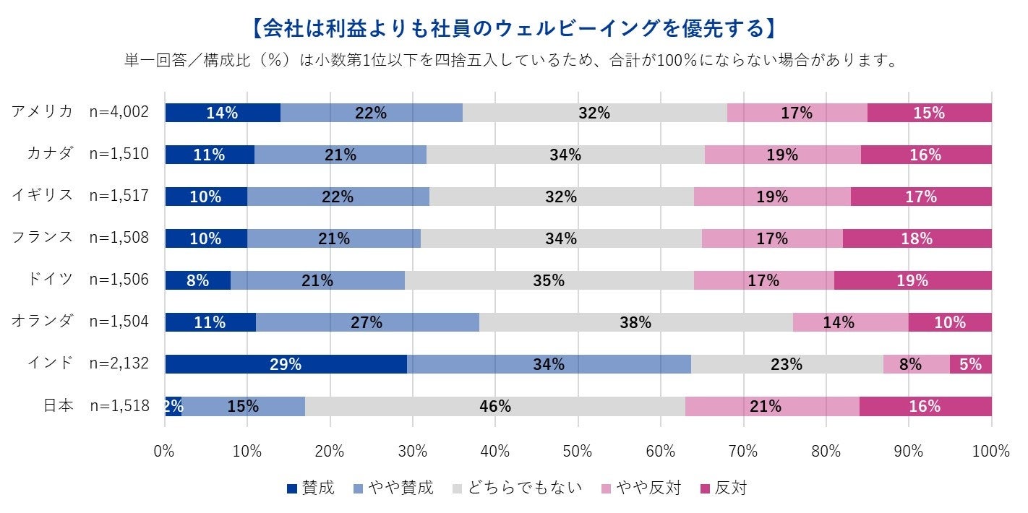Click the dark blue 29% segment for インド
tap(286, 364)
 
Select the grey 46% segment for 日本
tap(495, 406)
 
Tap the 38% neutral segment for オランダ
tap(635, 322)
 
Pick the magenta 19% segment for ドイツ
tap(912, 280)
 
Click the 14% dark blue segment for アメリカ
tap(223, 113)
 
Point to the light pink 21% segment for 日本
tap(772, 406)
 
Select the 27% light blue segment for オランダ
tap(367, 322)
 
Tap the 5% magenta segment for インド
tap(970, 364)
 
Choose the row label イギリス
tap(43, 196)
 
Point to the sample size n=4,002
tap(119, 112)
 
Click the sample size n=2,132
tap(119, 363)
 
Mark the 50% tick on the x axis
tap(578, 452)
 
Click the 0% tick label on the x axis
tap(165, 452)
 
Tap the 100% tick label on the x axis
tap(990, 452)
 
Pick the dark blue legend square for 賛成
tap(292, 489)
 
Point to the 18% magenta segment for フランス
tap(917, 238)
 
